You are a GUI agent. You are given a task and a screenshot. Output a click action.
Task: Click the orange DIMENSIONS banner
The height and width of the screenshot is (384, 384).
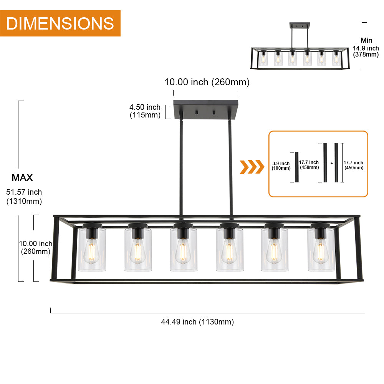pyautogui.click(x=60, y=23)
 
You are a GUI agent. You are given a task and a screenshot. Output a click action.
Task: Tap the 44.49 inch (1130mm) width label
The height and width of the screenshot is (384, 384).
pyautogui.click(x=197, y=322)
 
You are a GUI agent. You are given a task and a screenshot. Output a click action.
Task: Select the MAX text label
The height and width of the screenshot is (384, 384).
pyautogui.click(x=22, y=177)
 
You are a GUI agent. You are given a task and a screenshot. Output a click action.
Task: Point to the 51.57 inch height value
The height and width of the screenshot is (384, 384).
pyautogui.click(x=24, y=192)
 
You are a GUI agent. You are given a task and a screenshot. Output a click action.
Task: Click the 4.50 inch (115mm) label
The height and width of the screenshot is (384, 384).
pyautogui.click(x=145, y=111)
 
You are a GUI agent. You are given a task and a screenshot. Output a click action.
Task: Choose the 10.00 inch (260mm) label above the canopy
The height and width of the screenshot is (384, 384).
pyautogui.click(x=207, y=82)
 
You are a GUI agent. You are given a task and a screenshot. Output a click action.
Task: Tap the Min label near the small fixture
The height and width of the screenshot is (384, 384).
pyautogui.click(x=366, y=40)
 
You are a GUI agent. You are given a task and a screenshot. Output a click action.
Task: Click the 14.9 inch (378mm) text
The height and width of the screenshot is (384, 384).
pyautogui.click(x=366, y=51)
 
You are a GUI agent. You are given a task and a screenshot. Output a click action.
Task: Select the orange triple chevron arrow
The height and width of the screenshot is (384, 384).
pyautogui.click(x=252, y=167)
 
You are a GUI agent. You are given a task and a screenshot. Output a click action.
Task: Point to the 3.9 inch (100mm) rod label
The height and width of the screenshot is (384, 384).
pyautogui.click(x=281, y=166)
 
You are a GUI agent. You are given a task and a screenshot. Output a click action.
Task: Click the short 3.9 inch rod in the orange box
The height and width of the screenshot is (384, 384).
pyautogui.click(x=297, y=167)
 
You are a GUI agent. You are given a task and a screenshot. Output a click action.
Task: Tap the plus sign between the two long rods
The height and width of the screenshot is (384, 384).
pyautogui.click(x=332, y=163)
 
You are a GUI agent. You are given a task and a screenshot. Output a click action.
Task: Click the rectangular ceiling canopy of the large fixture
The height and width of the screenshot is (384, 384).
pyautogui.click(x=206, y=109)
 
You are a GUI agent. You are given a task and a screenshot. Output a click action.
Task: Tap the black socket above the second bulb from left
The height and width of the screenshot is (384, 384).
pyautogui.click(x=138, y=231)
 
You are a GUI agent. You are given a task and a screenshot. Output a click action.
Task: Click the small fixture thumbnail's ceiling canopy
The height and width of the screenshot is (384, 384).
pyautogui.click(x=300, y=25)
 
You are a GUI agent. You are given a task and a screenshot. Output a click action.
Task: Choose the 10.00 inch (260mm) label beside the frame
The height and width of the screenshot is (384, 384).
pyautogui.click(x=36, y=247)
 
